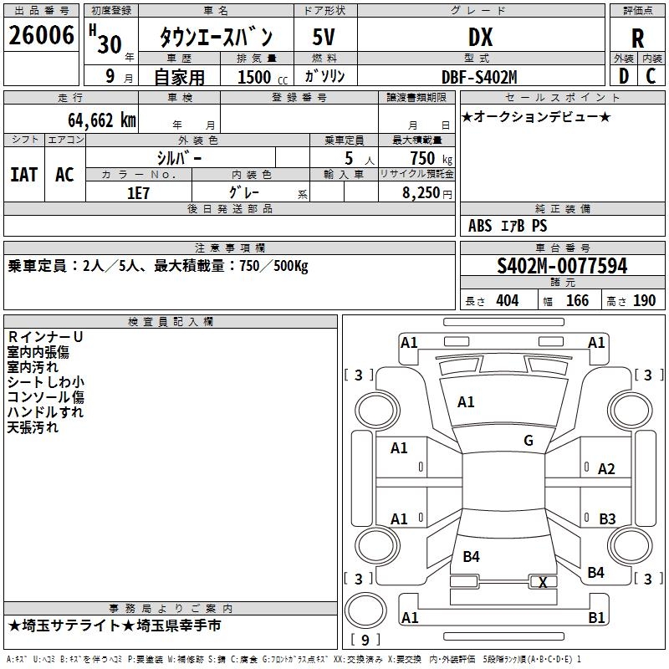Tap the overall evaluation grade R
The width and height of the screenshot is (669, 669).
click(x=637, y=38)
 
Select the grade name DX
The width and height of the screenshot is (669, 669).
click(x=480, y=37)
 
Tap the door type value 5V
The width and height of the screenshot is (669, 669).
click(x=324, y=37)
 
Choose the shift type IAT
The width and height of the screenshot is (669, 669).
click(x=23, y=174)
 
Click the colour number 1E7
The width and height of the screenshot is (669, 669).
click(x=137, y=192)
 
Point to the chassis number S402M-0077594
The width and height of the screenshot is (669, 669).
click(x=562, y=267)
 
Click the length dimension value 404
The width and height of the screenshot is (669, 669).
click(x=507, y=300)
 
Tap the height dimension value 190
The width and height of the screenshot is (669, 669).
click(x=644, y=300)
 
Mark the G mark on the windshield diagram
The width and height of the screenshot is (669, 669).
click(x=528, y=441)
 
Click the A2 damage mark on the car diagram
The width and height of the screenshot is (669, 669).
click(x=606, y=469)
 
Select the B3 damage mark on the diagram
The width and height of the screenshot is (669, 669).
click(x=607, y=519)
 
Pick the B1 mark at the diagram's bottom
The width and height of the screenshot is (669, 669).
click(x=596, y=618)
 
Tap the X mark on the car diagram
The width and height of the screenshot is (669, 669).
click(x=543, y=582)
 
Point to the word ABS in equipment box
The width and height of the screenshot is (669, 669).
click(x=480, y=226)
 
